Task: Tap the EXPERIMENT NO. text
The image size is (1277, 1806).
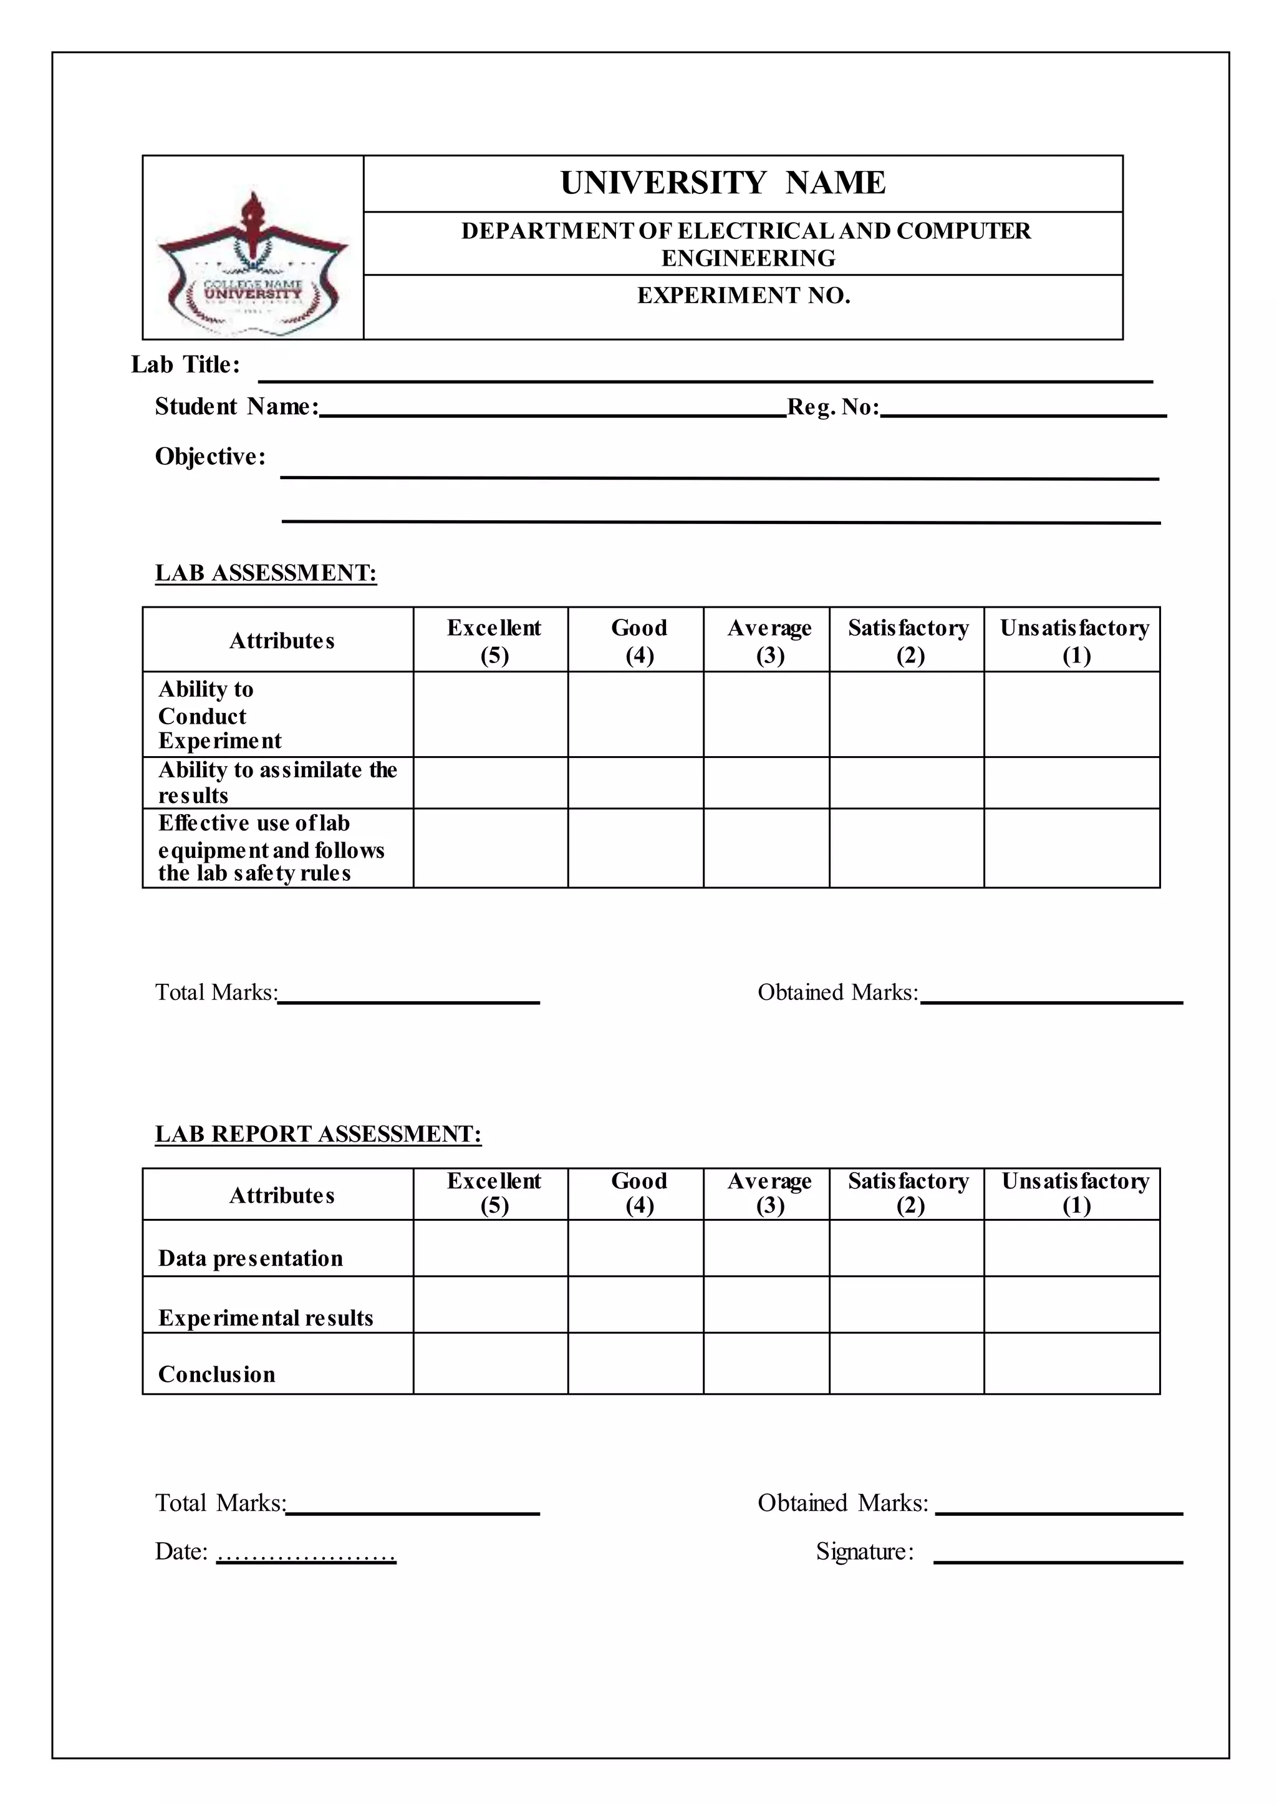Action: click(743, 296)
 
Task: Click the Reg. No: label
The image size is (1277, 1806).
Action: click(832, 407)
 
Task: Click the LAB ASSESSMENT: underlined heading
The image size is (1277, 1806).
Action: click(266, 573)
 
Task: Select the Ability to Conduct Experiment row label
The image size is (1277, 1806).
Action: click(219, 715)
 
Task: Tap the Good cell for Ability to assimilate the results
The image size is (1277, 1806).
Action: click(635, 783)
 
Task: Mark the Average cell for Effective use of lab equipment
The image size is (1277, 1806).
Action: click(766, 848)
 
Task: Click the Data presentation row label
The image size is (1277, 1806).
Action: click(250, 1258)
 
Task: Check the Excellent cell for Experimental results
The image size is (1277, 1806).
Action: click(491, 1305)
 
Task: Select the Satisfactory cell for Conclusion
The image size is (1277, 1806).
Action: click(906, 1364)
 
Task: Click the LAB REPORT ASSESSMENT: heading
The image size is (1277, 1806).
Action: click(317, 1134)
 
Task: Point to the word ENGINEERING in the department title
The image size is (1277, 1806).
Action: click(748, 259)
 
